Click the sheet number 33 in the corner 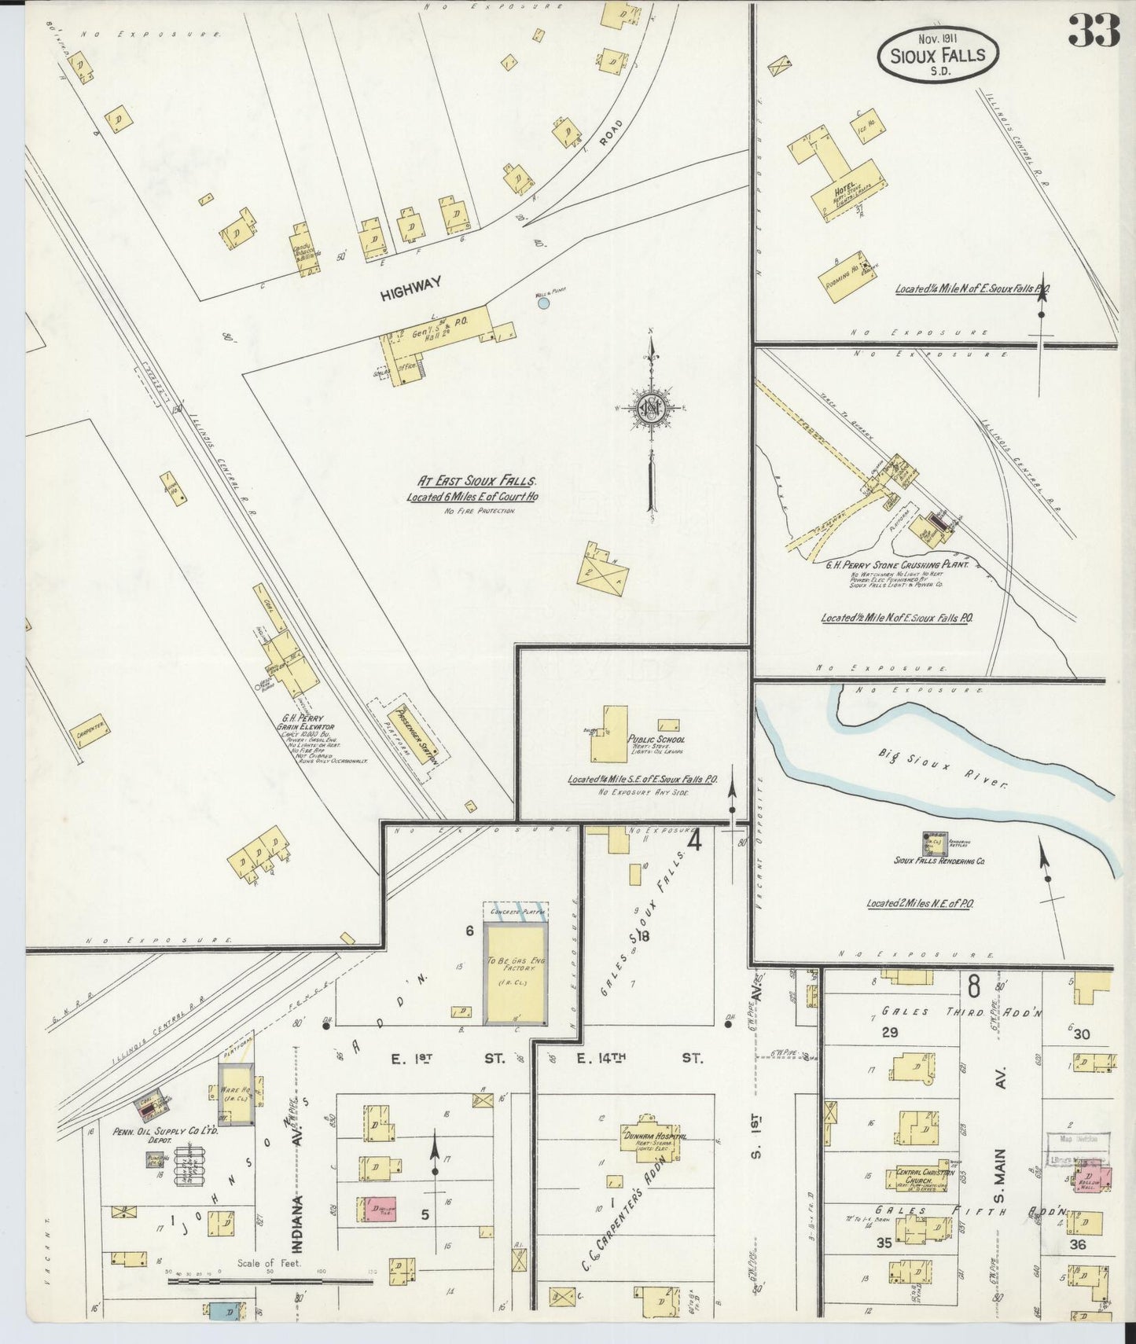point(1093,32)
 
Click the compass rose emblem point(652,409)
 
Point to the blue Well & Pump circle point(543,302)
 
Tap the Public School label point(656,740)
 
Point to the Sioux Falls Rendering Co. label point(939,861)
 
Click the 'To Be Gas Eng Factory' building point(515,973)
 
